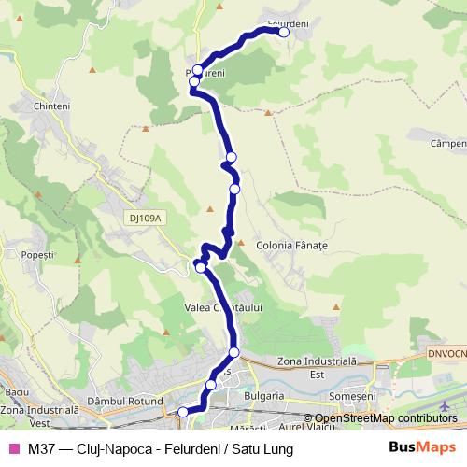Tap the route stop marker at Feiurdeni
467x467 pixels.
coord(284,32)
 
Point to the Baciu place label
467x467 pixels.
coord(18,392)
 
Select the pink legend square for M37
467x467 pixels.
coord(13,449)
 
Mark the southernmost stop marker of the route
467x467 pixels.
coord(183,411)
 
